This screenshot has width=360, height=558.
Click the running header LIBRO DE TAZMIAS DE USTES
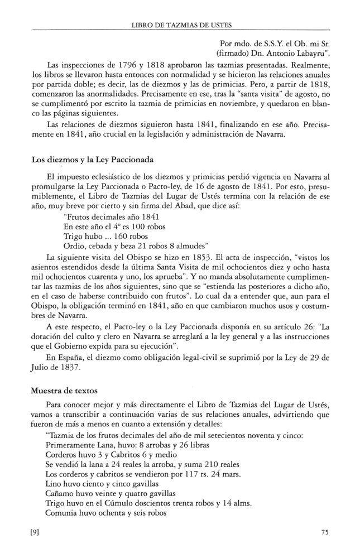click(181, 25)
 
